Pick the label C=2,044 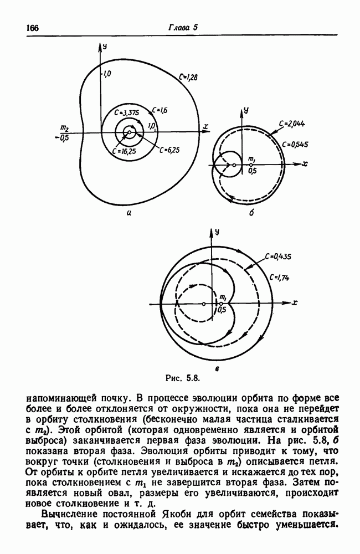290,124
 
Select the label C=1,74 279,277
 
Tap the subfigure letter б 250,214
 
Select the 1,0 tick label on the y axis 107,73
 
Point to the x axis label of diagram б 305,165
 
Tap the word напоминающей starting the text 54,398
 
